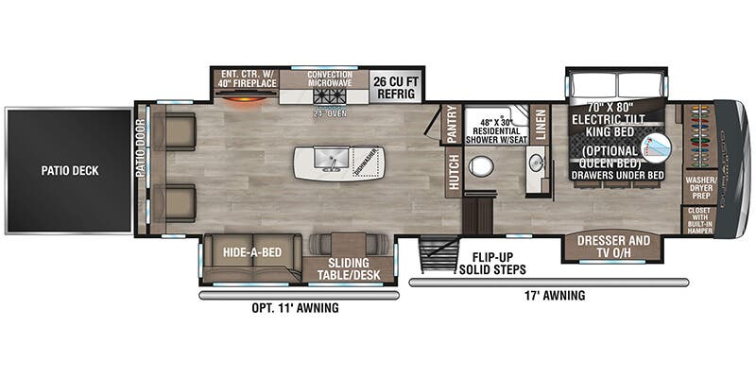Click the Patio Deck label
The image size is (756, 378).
[69, 171]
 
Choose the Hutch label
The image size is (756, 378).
[453, 173]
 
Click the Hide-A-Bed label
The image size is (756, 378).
[250, 252]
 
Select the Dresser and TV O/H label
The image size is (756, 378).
[613, 247]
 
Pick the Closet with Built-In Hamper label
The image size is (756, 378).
[699, 219]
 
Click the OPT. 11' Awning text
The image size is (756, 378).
[297, 308]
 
